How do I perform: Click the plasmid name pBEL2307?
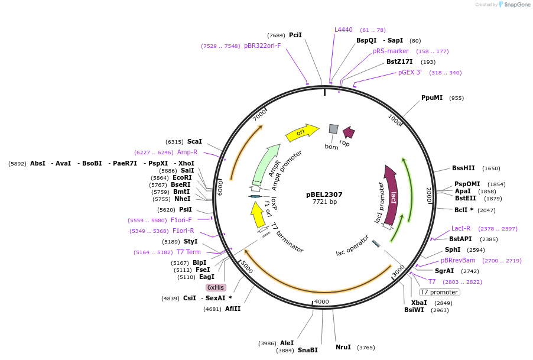pyautogui.click(x=324, y=194)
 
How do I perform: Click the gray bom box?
pyautogui.click(x=333, y=129)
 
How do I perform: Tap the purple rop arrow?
pyautogui.click(x=349, y=132)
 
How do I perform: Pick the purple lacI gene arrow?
pyautogui.click(x=391, y=195)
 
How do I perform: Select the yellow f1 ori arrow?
pyautogui.click(x=258, y=215)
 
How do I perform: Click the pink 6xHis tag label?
pyautogui.click(x=216, y=287)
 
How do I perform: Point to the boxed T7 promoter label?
pyautogui.click(x=439, y=292)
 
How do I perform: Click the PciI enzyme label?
pyautogui.click(x=295, y=35)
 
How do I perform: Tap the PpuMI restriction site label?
pyautogui.click(x=432, y=98)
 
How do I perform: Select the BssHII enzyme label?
pyautogui.click(x=463, y=168)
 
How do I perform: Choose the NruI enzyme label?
pyautogui.click(x=343, y=347)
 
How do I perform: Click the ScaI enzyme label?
pyautogui.click(x=194, y=141)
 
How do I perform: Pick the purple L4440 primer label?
pyautogui.click(x=343, y=30)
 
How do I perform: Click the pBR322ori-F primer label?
pyautogui.click(x=262, y=46)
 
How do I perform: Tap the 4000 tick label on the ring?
pyautogui.click(x=321, y=301)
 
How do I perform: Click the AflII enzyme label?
pyautogui.click(x=233, y=309)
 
